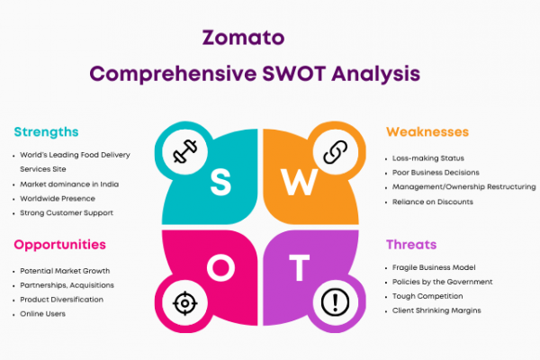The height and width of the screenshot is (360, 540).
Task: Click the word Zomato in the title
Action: pos(243,38)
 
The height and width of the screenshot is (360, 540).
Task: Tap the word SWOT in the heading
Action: pos(293,74)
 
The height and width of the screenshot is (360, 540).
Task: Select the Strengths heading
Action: pos(46,132)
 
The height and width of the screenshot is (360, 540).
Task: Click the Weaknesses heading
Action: pos(427,132)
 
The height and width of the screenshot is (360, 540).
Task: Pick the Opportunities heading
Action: pos(60,245)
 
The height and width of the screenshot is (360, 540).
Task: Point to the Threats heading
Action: pos(411,245)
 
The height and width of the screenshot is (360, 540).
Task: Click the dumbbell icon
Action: pos(184,151)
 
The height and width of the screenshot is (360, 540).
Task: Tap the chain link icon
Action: pos(336,151)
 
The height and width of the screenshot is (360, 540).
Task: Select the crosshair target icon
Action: pos(184,303)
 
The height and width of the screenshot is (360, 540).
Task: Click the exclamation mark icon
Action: pos(335,302)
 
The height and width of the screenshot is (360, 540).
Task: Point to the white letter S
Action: pos(220,183)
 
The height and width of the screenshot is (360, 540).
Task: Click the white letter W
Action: pos(299,182)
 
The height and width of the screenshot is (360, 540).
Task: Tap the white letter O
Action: pos(221,267)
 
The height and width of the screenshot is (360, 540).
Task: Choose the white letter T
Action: pos(299,267)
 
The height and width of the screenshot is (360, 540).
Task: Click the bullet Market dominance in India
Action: pos(69,184)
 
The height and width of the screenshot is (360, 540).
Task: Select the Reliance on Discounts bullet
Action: pos(433,202)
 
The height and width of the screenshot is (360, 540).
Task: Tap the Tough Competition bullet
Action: pos(427,296)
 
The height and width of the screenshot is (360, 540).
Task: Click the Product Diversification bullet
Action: pos(61,300)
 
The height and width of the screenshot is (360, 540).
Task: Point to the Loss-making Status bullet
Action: pos(428,158)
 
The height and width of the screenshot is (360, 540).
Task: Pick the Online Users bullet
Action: pos(42,314)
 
